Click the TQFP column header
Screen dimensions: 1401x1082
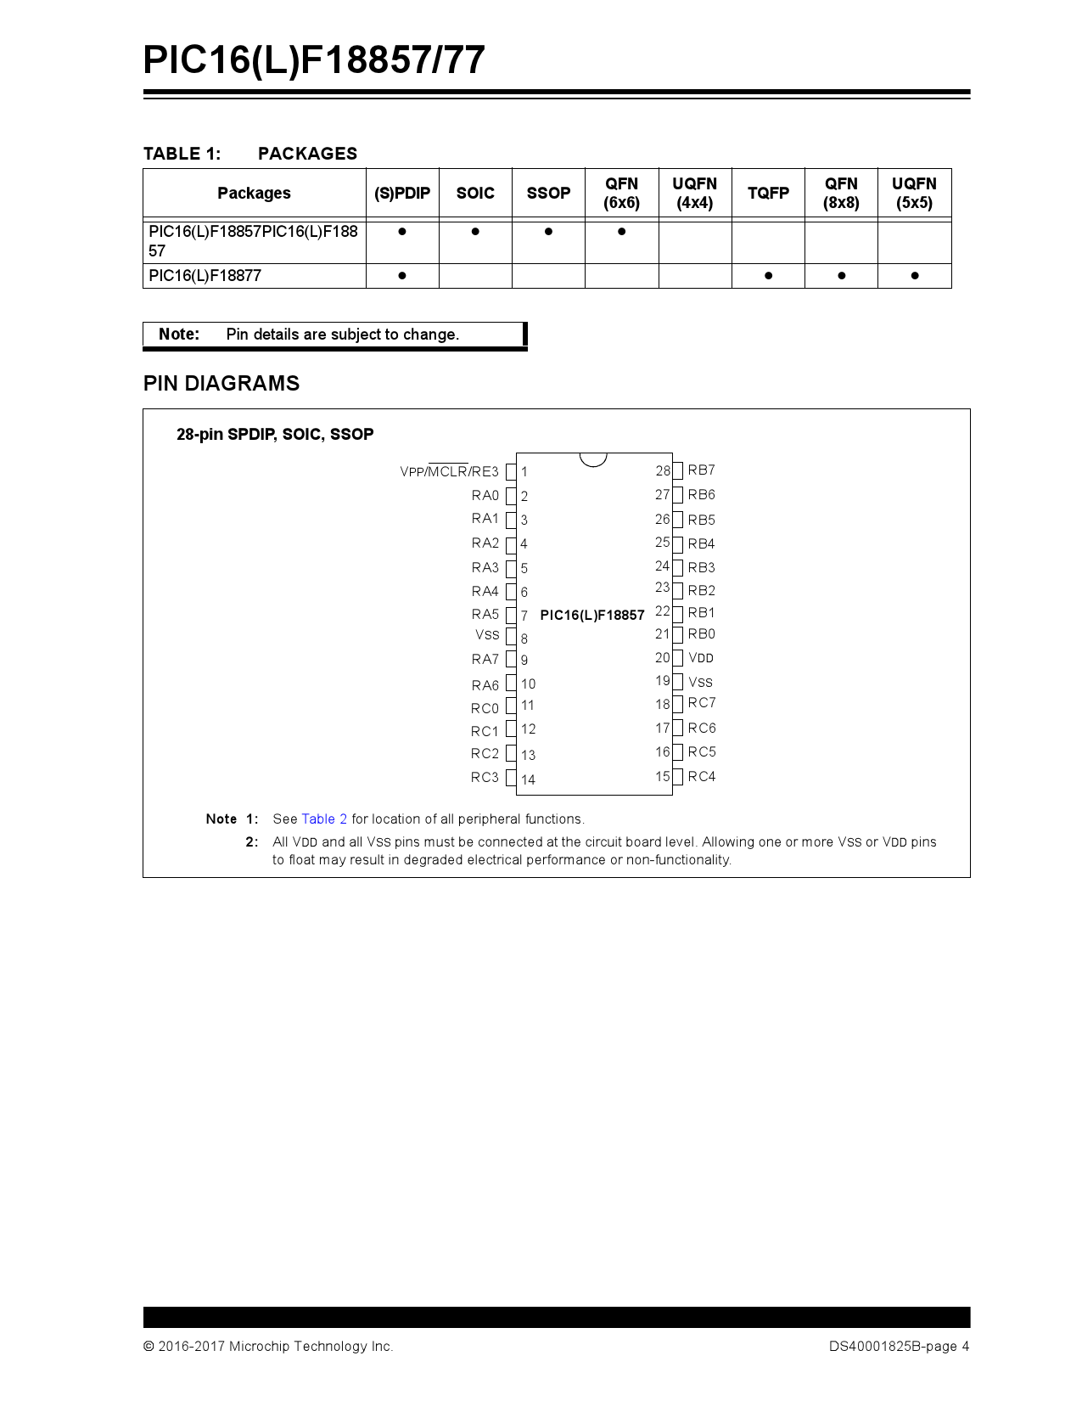768,193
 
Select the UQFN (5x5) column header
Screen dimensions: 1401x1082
914,193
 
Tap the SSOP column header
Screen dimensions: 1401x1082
548,193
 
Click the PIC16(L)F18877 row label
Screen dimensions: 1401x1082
205,276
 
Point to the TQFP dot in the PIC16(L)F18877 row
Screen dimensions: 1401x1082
768,276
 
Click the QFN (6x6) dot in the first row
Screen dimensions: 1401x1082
621,231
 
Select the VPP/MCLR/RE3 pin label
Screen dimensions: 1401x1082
449,471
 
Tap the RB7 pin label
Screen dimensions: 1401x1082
701,470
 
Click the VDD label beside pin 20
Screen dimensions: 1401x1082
701,658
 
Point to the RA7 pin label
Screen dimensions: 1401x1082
485,660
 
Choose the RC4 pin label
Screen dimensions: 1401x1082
702,777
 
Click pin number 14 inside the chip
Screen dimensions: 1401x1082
528,779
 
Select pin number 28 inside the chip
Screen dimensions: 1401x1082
663,471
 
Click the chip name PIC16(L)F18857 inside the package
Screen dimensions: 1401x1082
592,616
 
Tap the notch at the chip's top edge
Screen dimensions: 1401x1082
593,459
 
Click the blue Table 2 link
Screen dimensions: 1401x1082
324,819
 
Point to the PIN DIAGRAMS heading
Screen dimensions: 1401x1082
221,384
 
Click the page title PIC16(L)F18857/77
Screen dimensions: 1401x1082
314,60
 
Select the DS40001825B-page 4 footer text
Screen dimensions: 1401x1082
899,1347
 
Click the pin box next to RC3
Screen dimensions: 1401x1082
511,778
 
